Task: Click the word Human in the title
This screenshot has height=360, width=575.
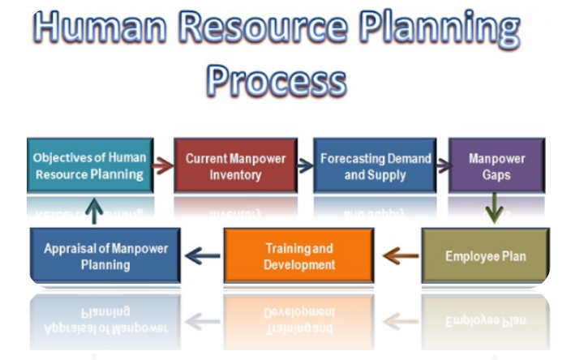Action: [x=100, y=27]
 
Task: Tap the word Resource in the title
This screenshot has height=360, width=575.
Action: [x=263, y=27]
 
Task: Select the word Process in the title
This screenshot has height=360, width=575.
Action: [x=277, y=80]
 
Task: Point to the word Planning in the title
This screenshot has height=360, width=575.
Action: [x=440, y=29]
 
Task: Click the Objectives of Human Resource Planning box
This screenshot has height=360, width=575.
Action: [x=90, y=165]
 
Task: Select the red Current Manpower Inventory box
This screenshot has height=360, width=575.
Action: [x=235, y=165]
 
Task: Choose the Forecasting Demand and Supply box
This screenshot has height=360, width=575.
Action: [x=375, y=165]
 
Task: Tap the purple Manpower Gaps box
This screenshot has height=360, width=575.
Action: [x=497, y=165]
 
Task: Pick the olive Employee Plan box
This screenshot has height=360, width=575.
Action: [x=486, y=255]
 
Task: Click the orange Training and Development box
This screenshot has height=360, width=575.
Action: [x=299, y=255]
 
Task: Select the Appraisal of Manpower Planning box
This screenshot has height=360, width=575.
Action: [x=105, y=255]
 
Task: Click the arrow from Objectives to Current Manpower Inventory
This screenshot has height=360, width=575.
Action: [x=163, y=165]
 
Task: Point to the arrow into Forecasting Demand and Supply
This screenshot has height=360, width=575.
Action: [x=305, y=165]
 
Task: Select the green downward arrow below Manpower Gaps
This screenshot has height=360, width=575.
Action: [x=495, y=208]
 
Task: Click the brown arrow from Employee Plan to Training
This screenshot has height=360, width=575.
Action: [x=401, y=256]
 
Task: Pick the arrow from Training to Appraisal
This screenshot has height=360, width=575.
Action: [x=203, y=256]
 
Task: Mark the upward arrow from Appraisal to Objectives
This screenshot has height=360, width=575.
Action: [x=94, y=211]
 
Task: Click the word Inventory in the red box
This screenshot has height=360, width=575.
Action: [x=235, y=175]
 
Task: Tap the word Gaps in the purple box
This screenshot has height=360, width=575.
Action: [x=496, y=175]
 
